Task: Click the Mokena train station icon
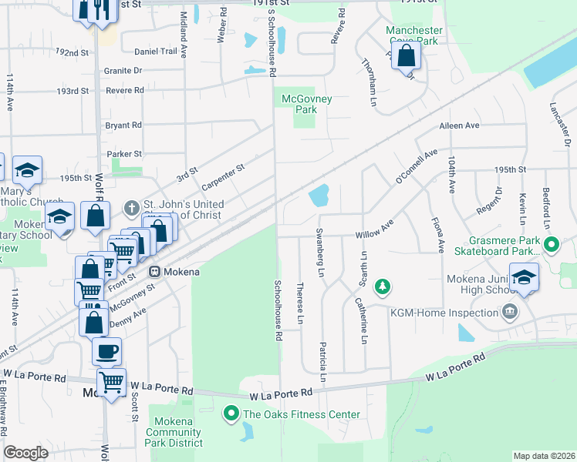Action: coord(154,271)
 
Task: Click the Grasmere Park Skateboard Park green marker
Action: coord(551,246)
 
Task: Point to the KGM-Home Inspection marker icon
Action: coord(509,312)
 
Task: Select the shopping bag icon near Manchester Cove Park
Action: coord(407,55)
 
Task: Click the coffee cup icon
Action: coord(106,350)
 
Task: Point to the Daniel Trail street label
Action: coord(156,52)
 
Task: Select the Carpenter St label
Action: coord(223,176)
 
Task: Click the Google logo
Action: coord(26,453)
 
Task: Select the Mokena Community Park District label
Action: coord(178,432)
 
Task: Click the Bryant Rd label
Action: coord(123,125)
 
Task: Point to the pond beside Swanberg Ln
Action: coord(319,196)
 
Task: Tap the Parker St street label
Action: coord(123,154)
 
